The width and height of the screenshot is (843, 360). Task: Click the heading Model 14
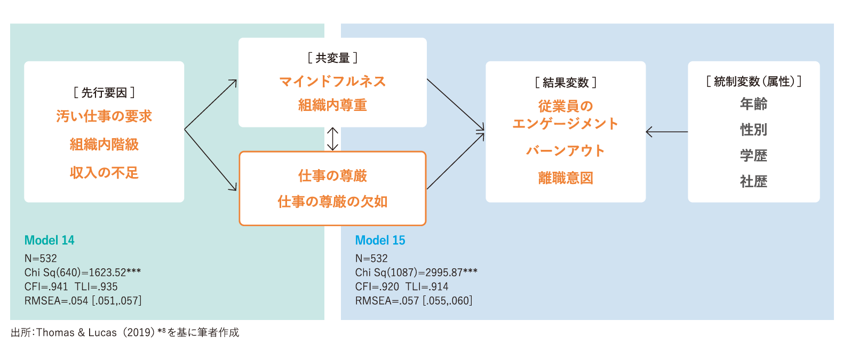(x=49, y=241)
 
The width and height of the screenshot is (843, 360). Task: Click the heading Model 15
(x=380, y=241)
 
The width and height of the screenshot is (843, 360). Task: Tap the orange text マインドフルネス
(x=332, y=82)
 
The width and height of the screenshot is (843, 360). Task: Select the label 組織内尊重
(x=332, y=105)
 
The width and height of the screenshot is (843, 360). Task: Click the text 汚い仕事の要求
(x=104, y=116)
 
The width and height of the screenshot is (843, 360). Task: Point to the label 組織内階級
(x=104, y=145)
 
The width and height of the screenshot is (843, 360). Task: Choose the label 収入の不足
(x=104, y=173)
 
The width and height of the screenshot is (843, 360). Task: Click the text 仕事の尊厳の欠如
(x=332, y=202)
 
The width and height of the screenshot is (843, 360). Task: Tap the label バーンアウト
(x=566, y=151)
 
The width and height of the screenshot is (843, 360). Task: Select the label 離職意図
(x=566, y=178)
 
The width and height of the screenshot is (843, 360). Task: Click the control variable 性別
(x=753, y=130)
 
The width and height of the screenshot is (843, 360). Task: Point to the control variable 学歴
(x=753, y=156)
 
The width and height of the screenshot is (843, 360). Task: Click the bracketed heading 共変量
(x=332, y=58)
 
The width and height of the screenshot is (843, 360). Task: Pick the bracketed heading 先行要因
(x=104, y=93)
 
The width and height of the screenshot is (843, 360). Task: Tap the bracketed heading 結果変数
(x=566, y=83)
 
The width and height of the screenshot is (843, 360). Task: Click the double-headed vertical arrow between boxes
(x=332, y=139)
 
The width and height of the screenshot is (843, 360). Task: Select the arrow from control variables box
(x=666, y=132)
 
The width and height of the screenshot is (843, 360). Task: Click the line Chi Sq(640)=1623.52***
(x=83, y=273)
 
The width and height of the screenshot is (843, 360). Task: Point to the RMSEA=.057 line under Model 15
(x=413, y=301)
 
